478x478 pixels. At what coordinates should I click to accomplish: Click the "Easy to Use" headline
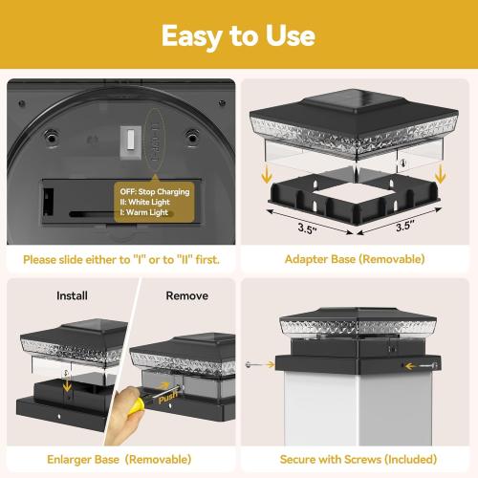click(x=238, y=36)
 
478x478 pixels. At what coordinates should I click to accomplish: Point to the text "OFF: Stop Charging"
click(x=155, y=191)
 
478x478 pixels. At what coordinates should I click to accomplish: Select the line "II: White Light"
click(x=144, y=202)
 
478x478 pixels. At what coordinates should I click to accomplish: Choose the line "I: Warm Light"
click(x=143, y=212)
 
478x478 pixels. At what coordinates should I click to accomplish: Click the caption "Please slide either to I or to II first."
click(x=121, y=260)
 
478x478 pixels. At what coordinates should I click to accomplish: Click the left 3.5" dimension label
click(x=307, y=228)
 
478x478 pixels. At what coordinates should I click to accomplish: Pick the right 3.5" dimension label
click(x=404, y=226)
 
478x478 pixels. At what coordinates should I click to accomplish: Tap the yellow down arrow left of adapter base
click(x=267, y=175)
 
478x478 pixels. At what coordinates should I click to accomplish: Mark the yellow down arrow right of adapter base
click(x=440, y=174)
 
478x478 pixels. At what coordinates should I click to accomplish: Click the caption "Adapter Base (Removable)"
click(x=355, y=259)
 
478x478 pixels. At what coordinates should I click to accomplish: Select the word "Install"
click(x=72, y=295)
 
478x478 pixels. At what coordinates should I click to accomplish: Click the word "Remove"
click(x=187, y=295)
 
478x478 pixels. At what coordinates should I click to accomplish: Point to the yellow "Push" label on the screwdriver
click(x=168, y=398)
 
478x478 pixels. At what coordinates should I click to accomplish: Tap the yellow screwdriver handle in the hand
click(x=136, y=406)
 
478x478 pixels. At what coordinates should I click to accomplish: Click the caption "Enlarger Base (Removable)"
click(x=119, y=460)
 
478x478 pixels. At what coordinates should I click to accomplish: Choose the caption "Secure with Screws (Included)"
click(x=358, y=460)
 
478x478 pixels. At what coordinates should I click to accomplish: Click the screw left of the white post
click(x=249, y=364)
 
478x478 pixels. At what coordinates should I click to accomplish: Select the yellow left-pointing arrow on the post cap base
click(x=411, y=366)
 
